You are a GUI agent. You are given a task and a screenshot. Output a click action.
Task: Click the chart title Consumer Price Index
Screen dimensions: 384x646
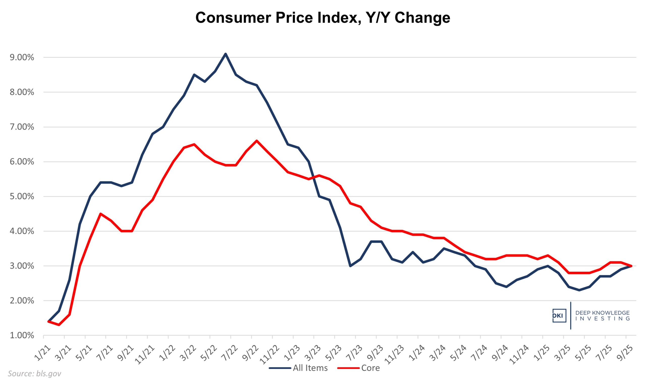[322, 18]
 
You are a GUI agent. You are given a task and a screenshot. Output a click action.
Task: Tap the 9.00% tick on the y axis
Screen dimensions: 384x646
[22, 58]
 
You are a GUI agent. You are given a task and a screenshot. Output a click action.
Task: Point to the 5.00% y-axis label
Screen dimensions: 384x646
[22, 196]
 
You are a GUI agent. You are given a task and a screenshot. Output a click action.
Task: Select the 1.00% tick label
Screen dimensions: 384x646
[22, 335]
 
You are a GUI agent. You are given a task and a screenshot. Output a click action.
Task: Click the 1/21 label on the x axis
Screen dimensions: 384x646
[42, 352]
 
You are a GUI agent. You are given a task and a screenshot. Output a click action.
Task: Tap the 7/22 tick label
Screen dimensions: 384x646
[230, 352]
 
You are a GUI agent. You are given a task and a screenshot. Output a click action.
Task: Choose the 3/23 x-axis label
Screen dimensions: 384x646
[313, 352]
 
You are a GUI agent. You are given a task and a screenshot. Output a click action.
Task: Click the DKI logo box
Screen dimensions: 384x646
[559, 316]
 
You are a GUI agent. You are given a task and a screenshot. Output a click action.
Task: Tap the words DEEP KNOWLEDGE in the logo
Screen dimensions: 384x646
[602, 313]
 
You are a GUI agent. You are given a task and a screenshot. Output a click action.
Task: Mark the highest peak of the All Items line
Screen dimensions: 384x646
[225, 54]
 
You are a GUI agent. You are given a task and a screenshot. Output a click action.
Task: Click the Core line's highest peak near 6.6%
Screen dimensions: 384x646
[256, 141]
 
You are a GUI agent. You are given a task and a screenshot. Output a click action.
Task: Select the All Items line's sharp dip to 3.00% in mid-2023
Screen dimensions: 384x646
[350, 266]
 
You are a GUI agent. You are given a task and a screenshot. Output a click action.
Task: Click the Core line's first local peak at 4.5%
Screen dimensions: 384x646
[100, 214]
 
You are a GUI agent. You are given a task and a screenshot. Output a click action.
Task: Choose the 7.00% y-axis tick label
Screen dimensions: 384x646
[22, 127]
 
